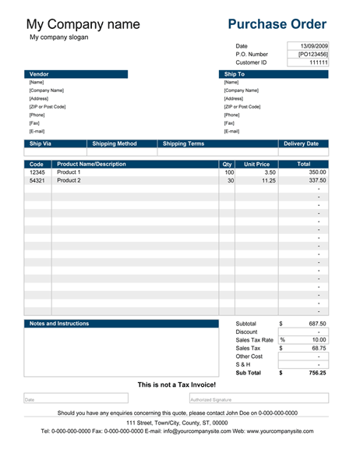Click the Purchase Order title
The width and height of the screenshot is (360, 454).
[277, 24]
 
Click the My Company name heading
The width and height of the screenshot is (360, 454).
[83, 24]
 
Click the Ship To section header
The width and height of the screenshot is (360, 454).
[235, 74]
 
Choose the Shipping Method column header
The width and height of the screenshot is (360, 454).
[115, 144]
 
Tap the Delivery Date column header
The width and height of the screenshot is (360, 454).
[301, 144]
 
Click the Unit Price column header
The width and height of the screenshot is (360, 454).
[257, 165]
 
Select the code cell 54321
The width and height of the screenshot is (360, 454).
[37, 180]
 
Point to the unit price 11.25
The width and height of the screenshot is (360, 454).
[269, 180]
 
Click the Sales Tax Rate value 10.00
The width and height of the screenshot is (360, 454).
[319, 340]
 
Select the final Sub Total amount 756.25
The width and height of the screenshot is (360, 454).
[316, 373]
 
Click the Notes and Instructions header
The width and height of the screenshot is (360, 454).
[59, 323]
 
